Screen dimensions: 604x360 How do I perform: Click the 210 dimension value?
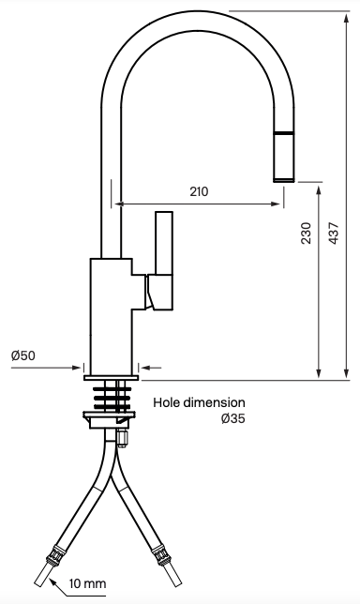click(199, 191)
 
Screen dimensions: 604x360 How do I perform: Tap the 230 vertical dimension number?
click(306, 234)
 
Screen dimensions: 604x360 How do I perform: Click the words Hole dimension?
click(199, 401)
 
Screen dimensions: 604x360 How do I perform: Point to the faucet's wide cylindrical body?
click(112, 314)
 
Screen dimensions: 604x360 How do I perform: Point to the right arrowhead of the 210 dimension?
click(279, 202)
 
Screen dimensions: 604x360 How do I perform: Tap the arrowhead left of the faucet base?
click(78, 367)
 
